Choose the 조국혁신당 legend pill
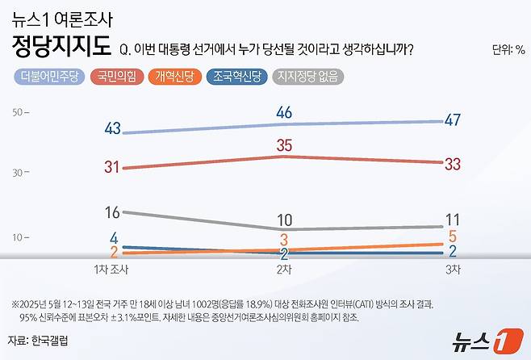pyautogui.click(x=237, y=77)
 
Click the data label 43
pyautogui.click(x=112, y=129)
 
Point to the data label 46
pyautogui.click(x=283, y=113)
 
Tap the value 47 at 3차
pyautogui.click(x=453, y=120)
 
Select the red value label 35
pyautogui.click(x=283, y=146)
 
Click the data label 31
pyautogui.click(x=112, y=167)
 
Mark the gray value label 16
pyautogui.click(x=112, y=212)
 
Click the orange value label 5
pyautogui.click(x=453, y=236)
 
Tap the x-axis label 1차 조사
pyautogui.click(x=112, y=269)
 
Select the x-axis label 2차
pyautogui.click(x=283, y=269)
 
